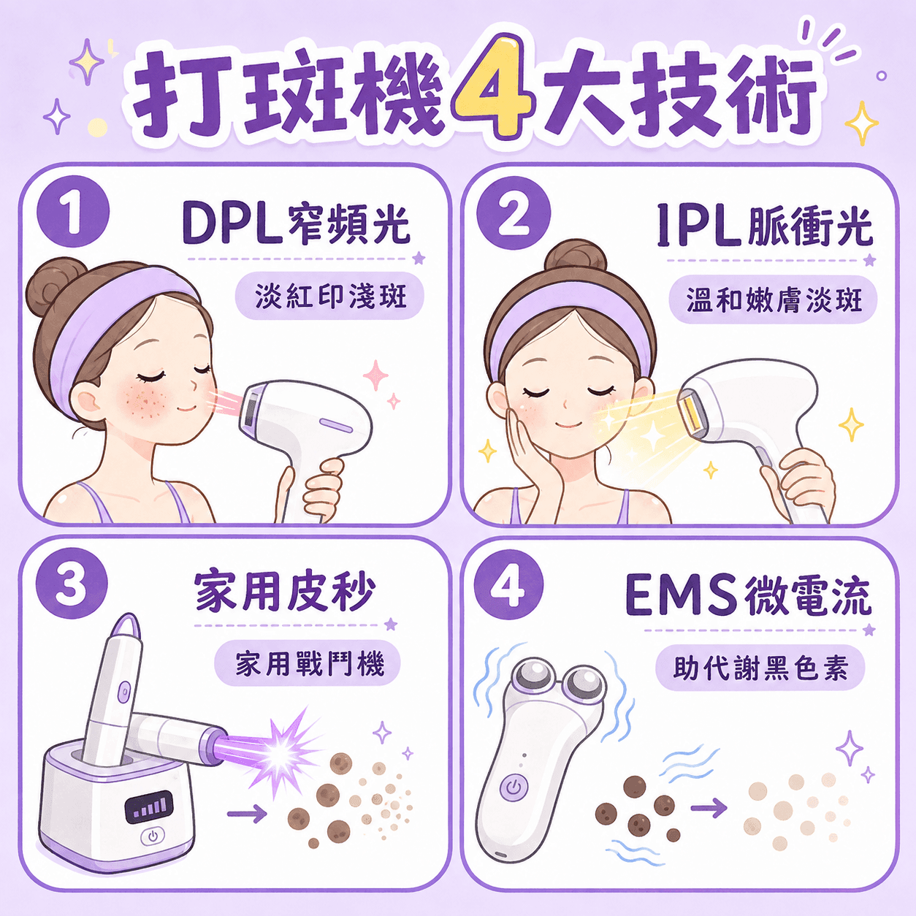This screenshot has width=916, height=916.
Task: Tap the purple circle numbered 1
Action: pyautogui.click(x=73, y=212)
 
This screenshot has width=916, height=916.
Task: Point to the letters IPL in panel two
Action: pyautogui.click(x=700, y=225)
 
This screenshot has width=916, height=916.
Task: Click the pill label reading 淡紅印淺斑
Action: pyautogui.click(x=330, y=296)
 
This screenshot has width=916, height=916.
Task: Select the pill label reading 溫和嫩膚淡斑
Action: pyautogui.click(x=773, y=300)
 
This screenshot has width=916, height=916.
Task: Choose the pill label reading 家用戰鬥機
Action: pyautogui.click(x=308, y=663)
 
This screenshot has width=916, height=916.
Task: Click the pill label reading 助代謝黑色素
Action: pyautogui.click(x=760, y=668)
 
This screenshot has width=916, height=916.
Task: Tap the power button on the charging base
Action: pyautogui.click(x=153, y=835)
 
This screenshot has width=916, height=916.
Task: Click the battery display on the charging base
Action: pyautogui.click(x=149, y=806)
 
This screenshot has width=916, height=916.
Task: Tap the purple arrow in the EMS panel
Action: pyautogui.click(x=709, y=806)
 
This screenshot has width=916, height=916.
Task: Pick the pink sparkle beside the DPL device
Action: pyautogui.click(x=376, y=375)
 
